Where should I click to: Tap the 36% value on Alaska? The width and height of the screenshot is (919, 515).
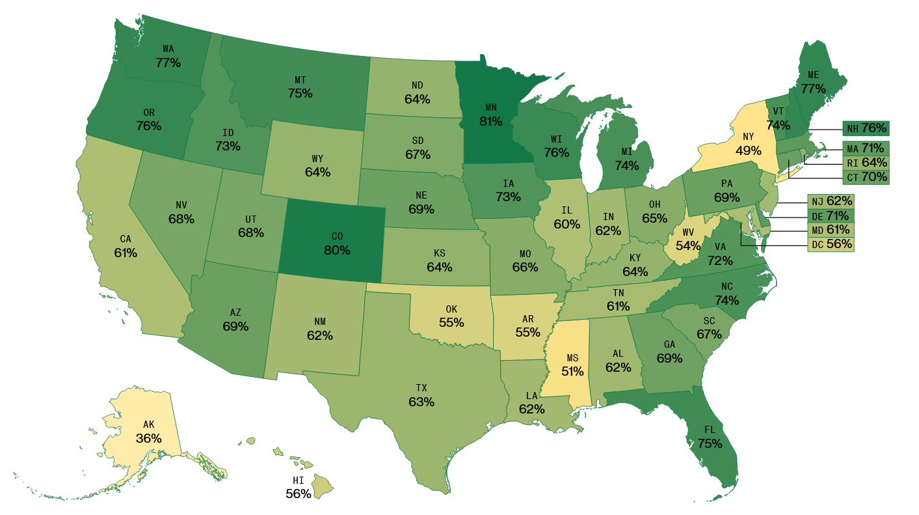pyautogui.click(x=148, y=438)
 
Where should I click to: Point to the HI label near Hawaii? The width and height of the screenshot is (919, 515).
pyautogui.click(x=299, y=480)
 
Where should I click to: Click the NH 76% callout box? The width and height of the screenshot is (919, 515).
pyautogui.click(x=865, y=128)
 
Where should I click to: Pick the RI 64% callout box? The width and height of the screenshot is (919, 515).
pyautogui.click(x=865, y=162)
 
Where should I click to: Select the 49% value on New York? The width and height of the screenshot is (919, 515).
pyautogui.click(x=748, y=150)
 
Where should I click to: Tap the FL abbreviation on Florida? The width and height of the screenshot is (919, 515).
pyautogui.click(x=710, y=430)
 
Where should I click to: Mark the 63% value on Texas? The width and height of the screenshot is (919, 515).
pyautogui.click(x=421, y=402)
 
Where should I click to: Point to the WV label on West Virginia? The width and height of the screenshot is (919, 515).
pyautogui.click(x=687, y=232)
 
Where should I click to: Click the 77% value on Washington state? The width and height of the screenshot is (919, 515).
pyautogui.click(x=168, y=63)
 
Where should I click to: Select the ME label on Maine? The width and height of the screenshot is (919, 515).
pyautogui.click(x=813, y=75)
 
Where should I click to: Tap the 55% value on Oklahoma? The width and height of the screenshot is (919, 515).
pyautogui.click(x=451, y=322)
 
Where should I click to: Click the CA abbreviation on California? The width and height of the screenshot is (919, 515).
pyautogui.click(x=125, y=240)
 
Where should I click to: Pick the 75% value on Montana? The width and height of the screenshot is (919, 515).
pyautogui.click(x=300, y=93)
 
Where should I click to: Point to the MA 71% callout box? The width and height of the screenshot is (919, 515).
pyautogui.click(x=865, y=148)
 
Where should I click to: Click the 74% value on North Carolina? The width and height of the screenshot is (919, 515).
pyautogui.click(x=726, y=300)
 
